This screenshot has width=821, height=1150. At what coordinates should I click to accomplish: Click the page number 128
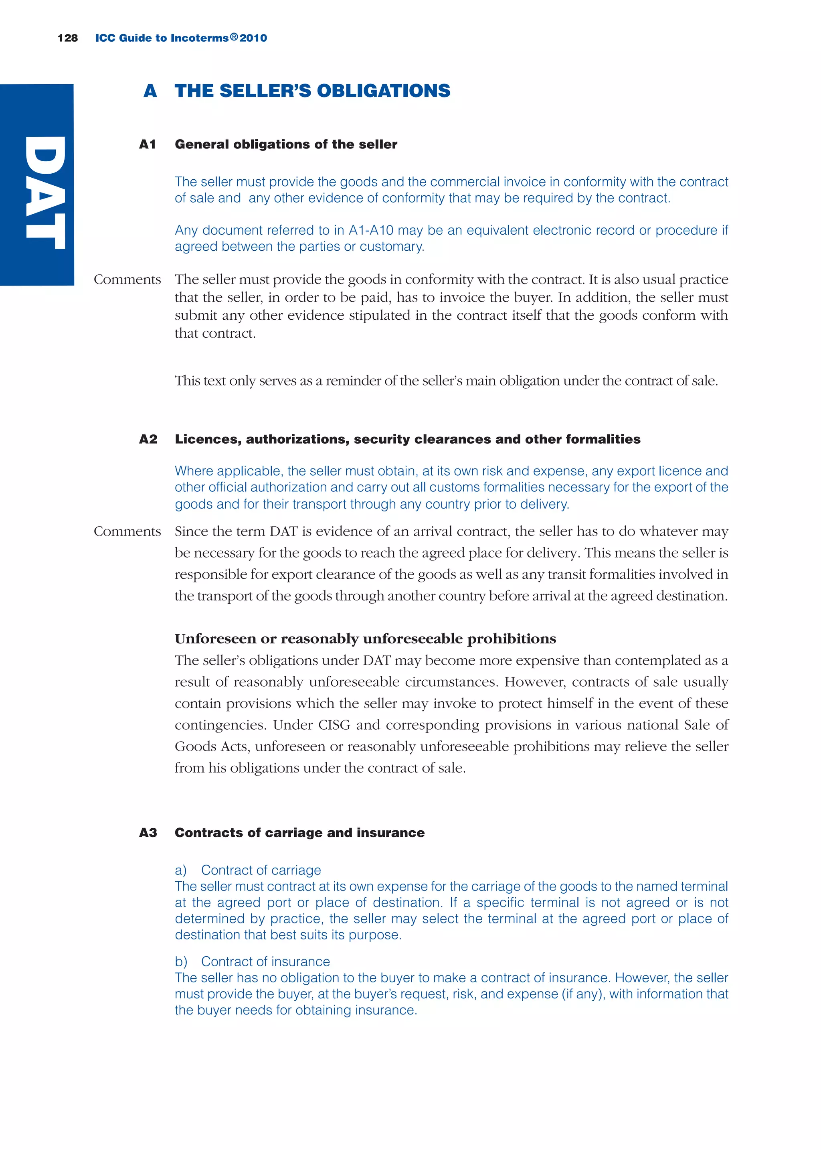click(68, 38)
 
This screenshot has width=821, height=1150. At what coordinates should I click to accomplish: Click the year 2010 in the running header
click(253, 38)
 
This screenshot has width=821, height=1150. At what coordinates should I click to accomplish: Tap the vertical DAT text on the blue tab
click(45, 192)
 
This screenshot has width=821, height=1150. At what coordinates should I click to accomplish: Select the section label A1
click(147, 145)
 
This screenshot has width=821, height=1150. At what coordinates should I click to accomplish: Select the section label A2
click(148, 439)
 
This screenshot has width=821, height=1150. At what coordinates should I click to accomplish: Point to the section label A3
click(148, 832)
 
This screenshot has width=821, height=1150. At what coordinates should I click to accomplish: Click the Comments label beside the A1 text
click(127, 280)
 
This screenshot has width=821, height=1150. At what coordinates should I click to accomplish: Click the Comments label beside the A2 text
click(127, 531)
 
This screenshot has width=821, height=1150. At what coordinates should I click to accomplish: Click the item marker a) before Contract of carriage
click(181, 870)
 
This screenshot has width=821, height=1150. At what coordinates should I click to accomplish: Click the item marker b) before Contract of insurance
click(181, 962)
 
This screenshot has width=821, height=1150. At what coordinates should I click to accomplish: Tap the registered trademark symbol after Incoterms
click(234, 37)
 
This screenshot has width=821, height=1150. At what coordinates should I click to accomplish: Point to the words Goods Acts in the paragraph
click(211, 747)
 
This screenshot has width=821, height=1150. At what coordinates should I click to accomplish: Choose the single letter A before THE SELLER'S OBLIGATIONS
click(150, 91)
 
